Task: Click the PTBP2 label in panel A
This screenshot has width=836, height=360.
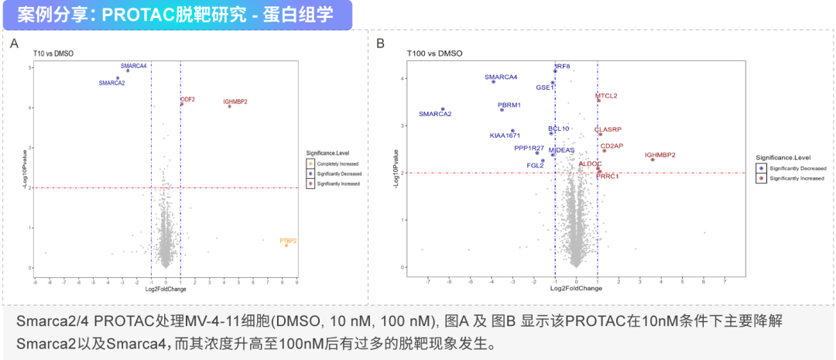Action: point(288,241)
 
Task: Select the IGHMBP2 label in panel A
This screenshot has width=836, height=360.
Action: point(235,101)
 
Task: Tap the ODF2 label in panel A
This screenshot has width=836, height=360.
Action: point(187,99)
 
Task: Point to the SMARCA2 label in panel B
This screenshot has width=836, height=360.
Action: point(435,115)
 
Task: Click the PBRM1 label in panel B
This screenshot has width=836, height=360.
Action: point(509,105)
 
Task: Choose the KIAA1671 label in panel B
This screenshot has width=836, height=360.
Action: point(505,135)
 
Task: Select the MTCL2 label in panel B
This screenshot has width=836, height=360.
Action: point(606,96)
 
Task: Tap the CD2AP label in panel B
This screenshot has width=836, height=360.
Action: point(612,146)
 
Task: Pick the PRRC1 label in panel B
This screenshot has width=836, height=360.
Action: point(607,177)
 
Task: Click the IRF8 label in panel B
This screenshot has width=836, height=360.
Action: point(562,67)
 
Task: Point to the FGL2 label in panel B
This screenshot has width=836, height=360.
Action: point(535,166)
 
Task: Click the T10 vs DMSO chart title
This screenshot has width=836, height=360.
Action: point(53,53)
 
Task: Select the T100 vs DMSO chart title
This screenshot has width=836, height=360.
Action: point(435,53)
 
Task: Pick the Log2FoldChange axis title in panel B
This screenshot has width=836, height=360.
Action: point(576,288)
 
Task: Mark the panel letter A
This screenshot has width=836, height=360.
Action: point(14,43)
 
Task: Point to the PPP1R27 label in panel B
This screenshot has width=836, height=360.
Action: point(529,148)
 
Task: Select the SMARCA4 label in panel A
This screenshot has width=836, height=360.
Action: point(133,66)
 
